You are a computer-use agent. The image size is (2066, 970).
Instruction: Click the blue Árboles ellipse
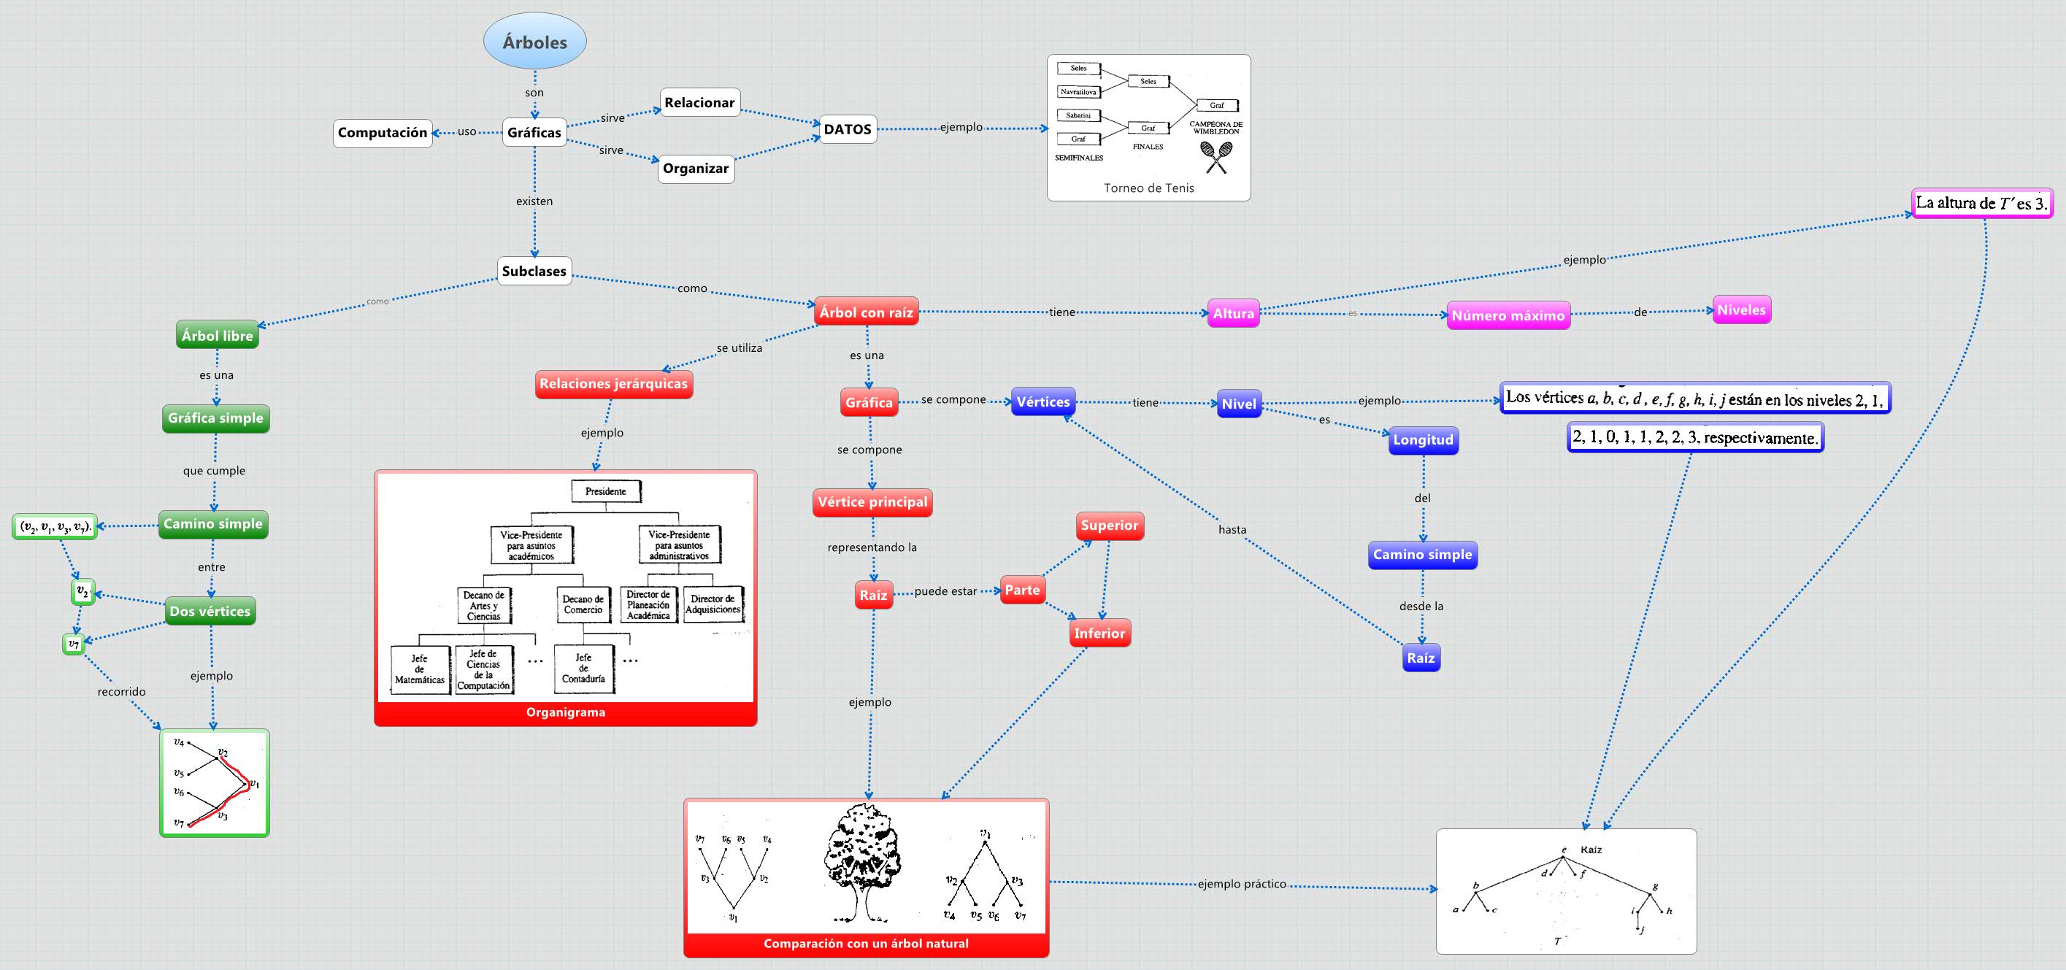[x=535, y=42]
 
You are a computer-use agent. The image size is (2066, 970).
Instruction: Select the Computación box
[x=383, y=133]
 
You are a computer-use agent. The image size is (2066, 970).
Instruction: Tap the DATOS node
[x=848, y=129]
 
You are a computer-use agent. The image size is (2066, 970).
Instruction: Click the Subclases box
[x=534, y=271]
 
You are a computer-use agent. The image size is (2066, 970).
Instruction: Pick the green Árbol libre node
[x=218, y=336]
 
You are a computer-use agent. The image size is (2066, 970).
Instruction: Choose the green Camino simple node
[x=213, y=524]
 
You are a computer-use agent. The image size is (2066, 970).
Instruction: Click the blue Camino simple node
[x=1422, y=555]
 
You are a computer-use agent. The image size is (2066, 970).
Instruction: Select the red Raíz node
[x=873, y=596]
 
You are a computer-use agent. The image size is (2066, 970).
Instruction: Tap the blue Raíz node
[x=1421, y=658]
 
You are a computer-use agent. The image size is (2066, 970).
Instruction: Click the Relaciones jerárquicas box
[x=613, y=384]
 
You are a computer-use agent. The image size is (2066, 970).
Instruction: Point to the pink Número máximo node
[x=1508, y=316]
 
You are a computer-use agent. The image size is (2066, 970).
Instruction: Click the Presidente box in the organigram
[x=605, y=491]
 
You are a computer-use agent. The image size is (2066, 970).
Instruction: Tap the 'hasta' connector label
[x=1232, y=530]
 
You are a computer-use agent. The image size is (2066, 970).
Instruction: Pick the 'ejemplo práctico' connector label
[x=1242, y=884]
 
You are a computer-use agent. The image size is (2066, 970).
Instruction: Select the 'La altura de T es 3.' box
[x=1982, y=204]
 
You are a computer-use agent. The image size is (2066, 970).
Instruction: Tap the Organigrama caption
[x=566, y=712]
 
